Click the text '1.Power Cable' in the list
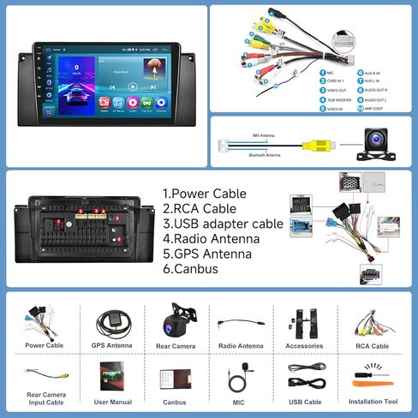click(204, 194)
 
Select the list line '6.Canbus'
click(190, 269)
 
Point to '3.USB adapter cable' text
click(221, 224)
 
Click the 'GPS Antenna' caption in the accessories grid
click(111, 346)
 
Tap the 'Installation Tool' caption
click(373, 401)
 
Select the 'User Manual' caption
click(111, 401)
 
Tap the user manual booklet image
click(111, 375)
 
